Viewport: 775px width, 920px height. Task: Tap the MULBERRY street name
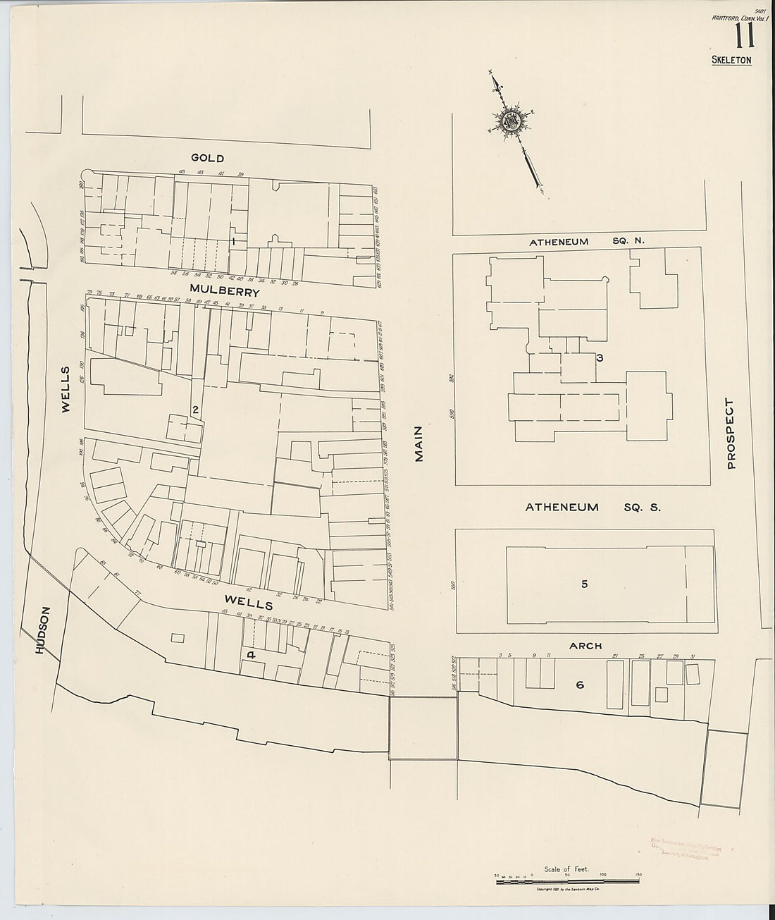coord(224,291)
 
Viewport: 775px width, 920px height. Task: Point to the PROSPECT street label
coord(730,434)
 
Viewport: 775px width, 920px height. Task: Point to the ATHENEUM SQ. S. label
coord(592,507)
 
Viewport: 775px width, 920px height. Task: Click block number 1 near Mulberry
coord(232,241)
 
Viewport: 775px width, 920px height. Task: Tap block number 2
coord(195,410)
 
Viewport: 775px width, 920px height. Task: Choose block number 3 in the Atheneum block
coord(599,358)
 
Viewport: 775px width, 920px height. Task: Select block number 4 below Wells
coord(250,655)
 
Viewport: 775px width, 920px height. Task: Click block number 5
coord(584,583)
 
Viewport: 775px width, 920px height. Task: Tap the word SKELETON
coord(731,60)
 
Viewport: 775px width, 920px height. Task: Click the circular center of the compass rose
coord(510,121)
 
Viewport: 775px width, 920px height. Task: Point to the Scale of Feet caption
coord(562,869)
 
